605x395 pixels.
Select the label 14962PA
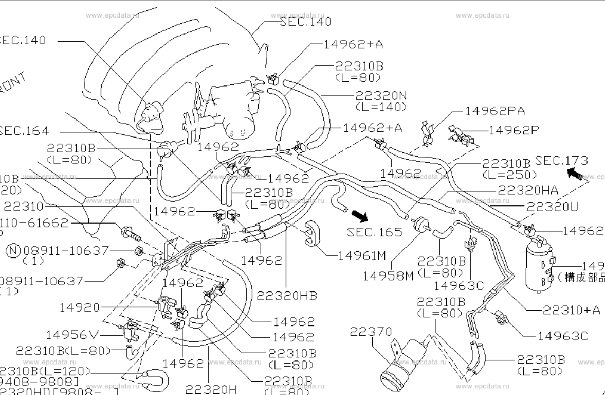(x=494, y=111)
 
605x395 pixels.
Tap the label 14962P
(x=514, y=130)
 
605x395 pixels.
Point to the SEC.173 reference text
(x=561, y=161)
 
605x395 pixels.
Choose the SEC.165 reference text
(x=374, y=232)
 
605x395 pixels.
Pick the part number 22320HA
(x=527, y=191)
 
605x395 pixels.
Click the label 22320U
(x=552, y=207)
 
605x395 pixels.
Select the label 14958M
(x=388, y=276)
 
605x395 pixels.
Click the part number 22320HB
(x=286, y=296)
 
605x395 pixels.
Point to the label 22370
(x=371, y=332)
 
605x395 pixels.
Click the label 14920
(x=80, y=307)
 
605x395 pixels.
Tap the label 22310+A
(x=571, y=310)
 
